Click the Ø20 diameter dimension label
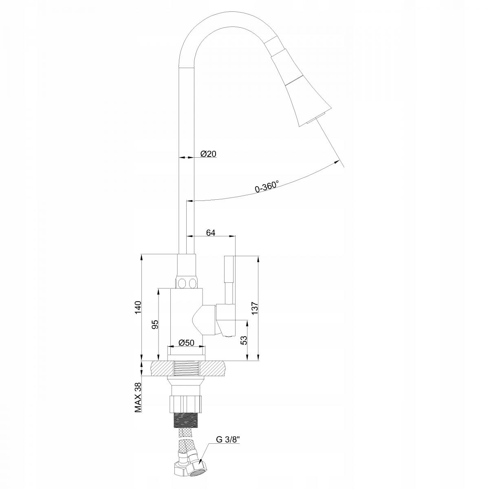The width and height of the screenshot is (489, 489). pyautogui.click(x=208, y=154)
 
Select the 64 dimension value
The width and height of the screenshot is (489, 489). pyautogui.click(x=211, y=233)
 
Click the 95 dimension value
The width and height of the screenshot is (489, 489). pyautogui.click(x=155, y=324)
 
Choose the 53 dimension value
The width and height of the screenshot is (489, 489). pyautogui.click(x=244, y=340)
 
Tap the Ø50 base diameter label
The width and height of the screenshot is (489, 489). pyautogui.click(x=186, y=343)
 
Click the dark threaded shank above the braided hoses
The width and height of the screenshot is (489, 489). pyautogui.click(x=186, y=419)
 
